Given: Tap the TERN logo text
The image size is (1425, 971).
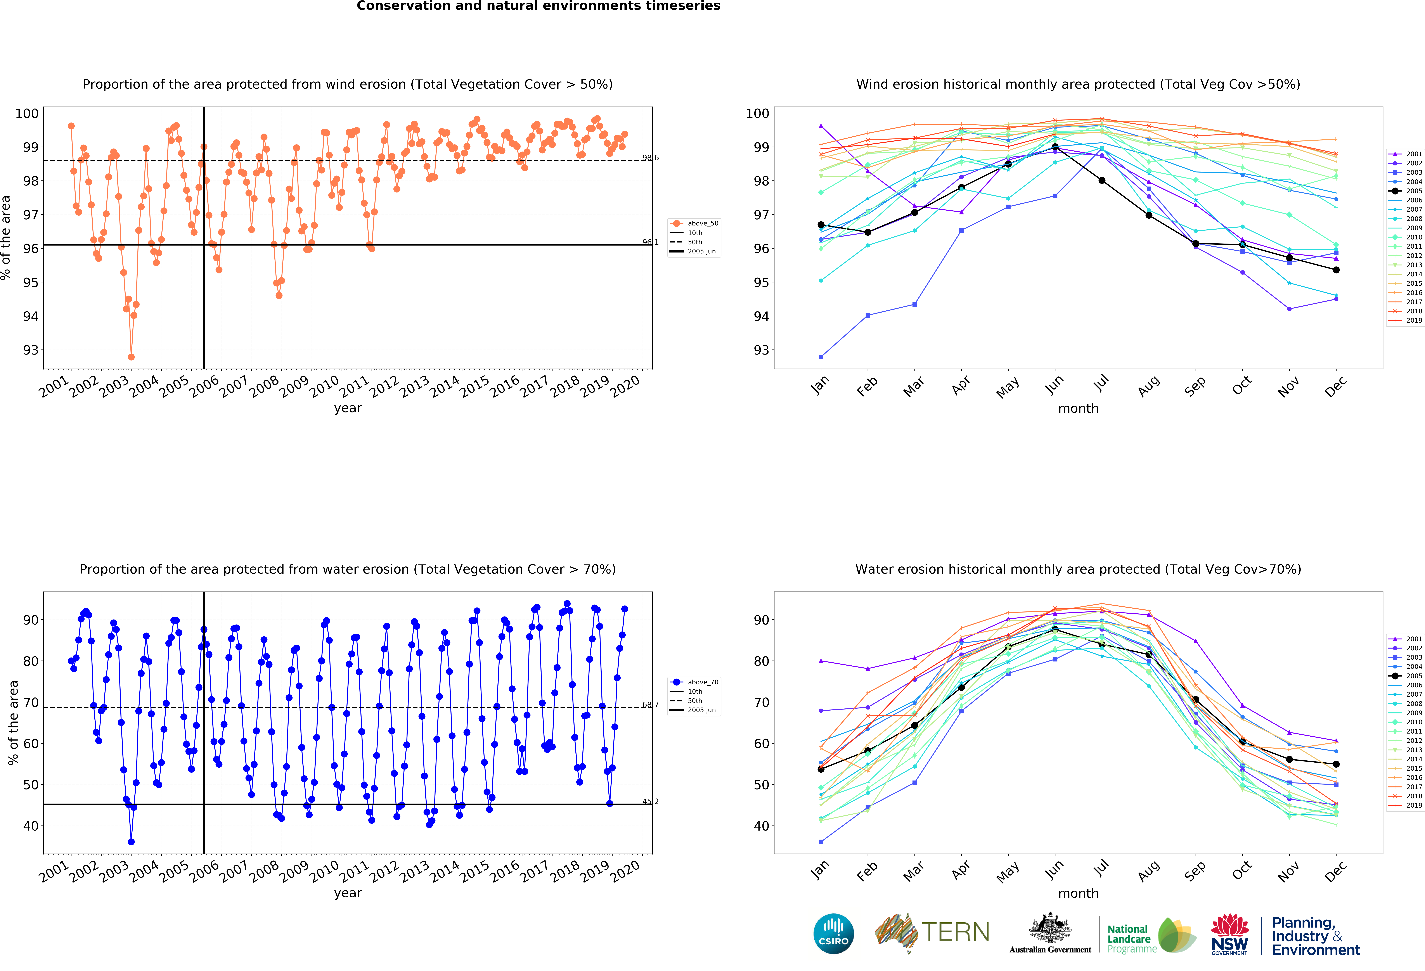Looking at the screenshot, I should (x=955, y=932).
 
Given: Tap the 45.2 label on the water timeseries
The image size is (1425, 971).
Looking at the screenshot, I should (x=650, y=801).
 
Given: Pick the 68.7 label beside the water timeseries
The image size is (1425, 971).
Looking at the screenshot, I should (x=650, y=704).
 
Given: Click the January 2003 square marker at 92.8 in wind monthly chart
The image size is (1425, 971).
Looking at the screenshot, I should (x=821, y=357).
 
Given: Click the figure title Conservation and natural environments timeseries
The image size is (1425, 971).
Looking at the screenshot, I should (x=538, y=6).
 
